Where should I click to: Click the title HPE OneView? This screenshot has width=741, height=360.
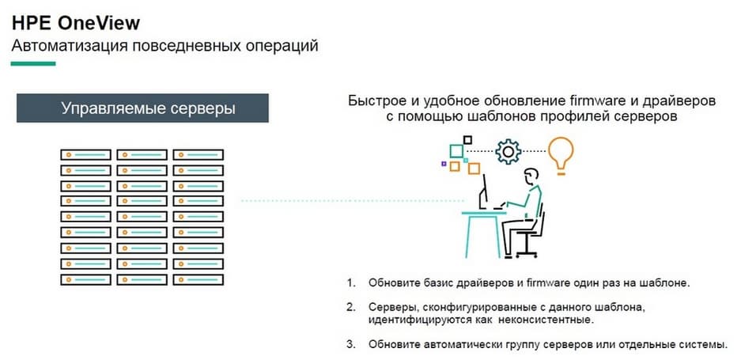(76, 23)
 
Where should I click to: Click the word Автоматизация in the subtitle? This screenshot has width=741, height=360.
(70, 47)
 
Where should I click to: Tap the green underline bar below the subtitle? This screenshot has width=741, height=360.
(33, 63)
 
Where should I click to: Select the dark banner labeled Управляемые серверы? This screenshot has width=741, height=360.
(142, 108)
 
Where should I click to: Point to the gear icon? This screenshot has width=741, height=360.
(508, 151)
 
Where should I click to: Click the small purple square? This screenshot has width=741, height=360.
(444, 164)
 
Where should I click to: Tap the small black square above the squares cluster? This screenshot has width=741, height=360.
(467, 140)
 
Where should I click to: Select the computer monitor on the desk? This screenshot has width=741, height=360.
(484, 192)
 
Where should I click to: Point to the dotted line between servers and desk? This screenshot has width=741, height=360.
(353, 201)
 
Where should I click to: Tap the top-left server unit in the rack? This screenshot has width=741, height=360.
(85, 155)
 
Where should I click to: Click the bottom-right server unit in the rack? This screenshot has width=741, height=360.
(198, 279)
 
